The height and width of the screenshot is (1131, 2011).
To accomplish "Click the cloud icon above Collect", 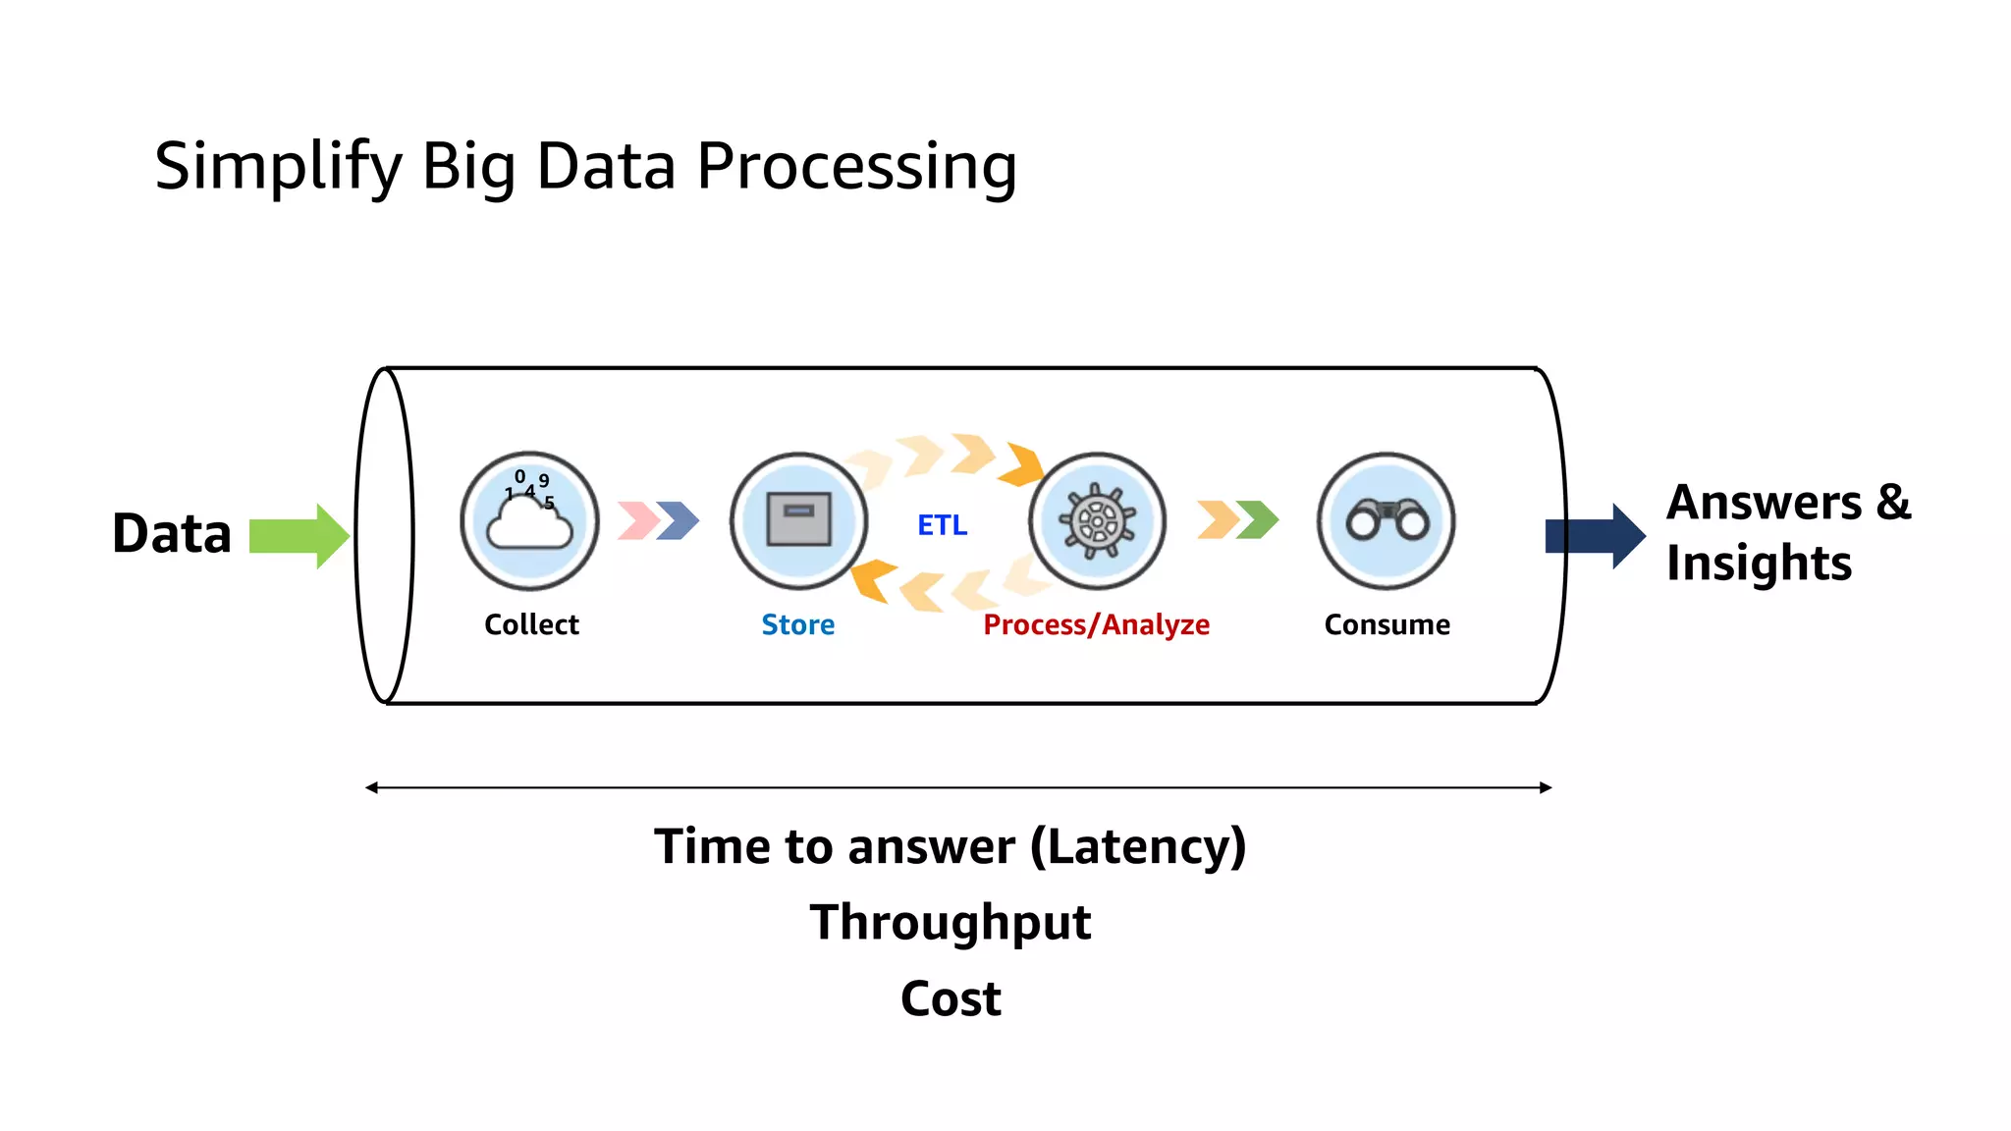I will click(529, 521).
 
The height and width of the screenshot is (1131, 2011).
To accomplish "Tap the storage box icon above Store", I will click(798, 520).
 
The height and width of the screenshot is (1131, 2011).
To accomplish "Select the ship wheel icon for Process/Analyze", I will click(1097, 521).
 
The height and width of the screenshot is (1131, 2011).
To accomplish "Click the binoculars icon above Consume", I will click(1386, 520).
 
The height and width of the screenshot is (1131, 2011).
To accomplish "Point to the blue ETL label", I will click(942, 525).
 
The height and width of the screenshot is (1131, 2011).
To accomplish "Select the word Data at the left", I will click(172, 534).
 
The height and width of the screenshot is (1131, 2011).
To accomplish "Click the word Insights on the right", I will click(1759, 564).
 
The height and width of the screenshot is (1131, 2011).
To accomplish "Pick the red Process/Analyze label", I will click(1096, 624).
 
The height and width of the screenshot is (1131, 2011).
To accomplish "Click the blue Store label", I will click(797, 624).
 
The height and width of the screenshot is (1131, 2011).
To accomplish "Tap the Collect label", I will click(531, 624).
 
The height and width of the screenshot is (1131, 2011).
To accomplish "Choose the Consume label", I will click(1386, 624).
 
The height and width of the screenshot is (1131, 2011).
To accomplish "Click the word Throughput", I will click(950, 923).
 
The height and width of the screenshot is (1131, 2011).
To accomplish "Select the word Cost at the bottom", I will click(950, 998).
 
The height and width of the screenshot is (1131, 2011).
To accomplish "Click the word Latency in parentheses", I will click(1138, 846).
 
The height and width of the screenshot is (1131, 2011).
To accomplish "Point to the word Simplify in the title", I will click(278, 167).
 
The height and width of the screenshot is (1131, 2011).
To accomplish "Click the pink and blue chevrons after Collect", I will click(658, 520).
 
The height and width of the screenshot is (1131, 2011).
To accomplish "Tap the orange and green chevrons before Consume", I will click(1237, 519).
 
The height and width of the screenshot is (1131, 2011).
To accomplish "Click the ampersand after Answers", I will click(1893, 503).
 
